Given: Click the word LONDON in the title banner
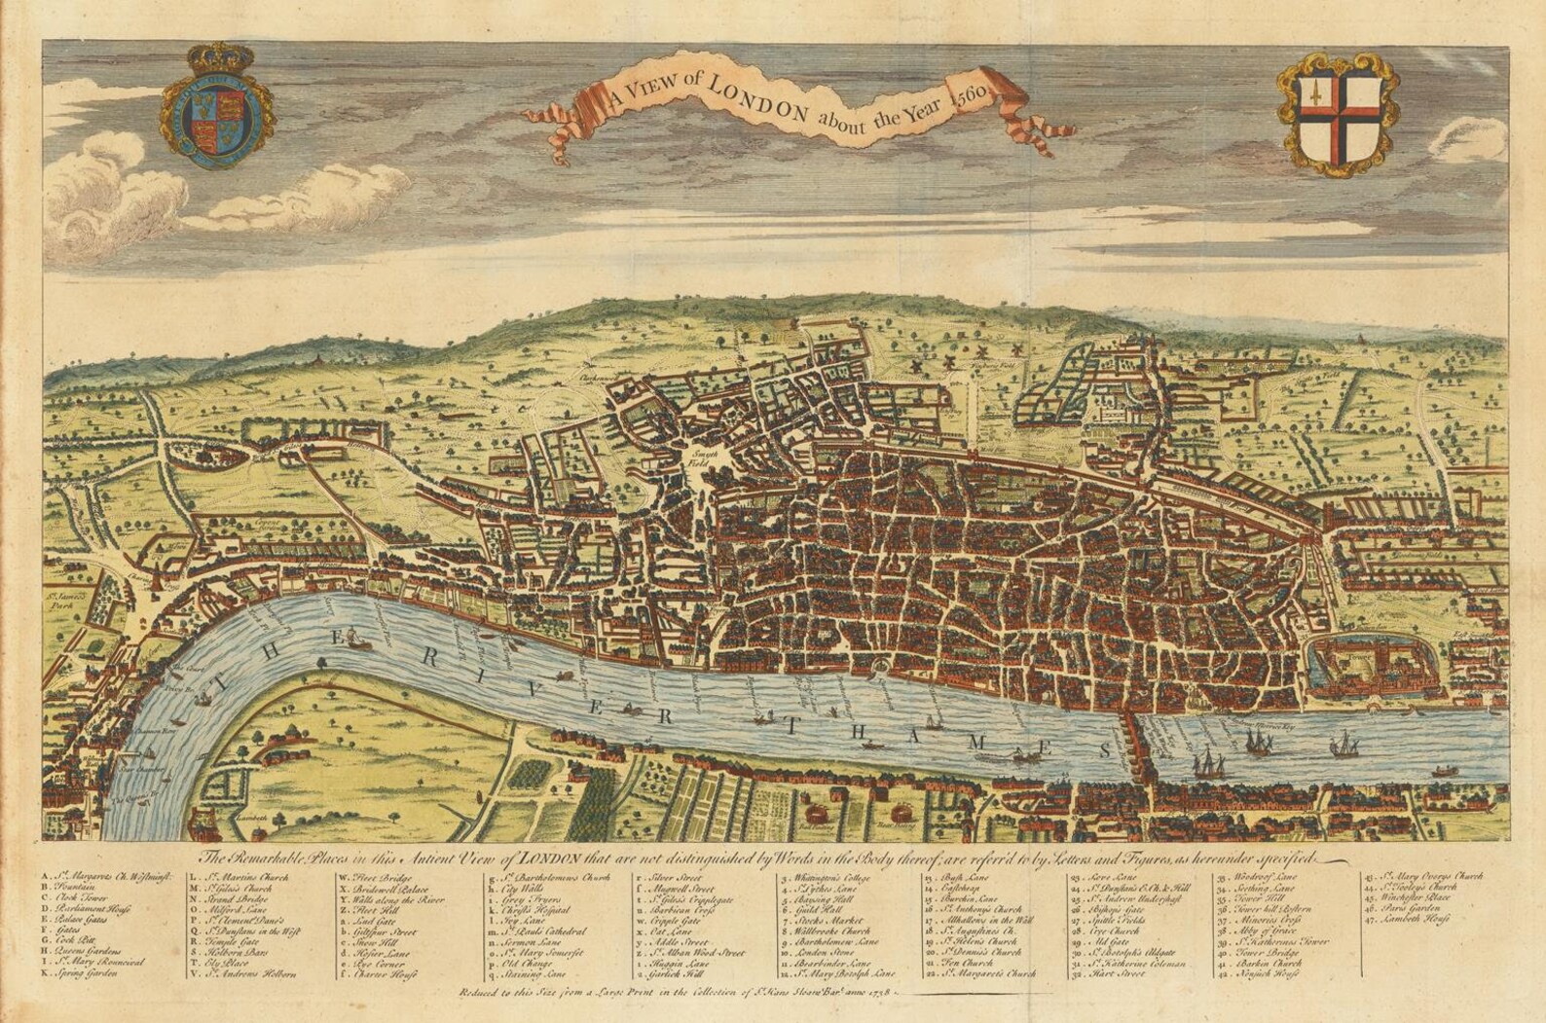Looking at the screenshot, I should click(x=755, y=98).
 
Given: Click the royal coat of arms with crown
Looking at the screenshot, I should click(x=218, y=112).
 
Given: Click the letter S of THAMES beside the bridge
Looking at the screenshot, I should click(x=1104, y=750).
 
